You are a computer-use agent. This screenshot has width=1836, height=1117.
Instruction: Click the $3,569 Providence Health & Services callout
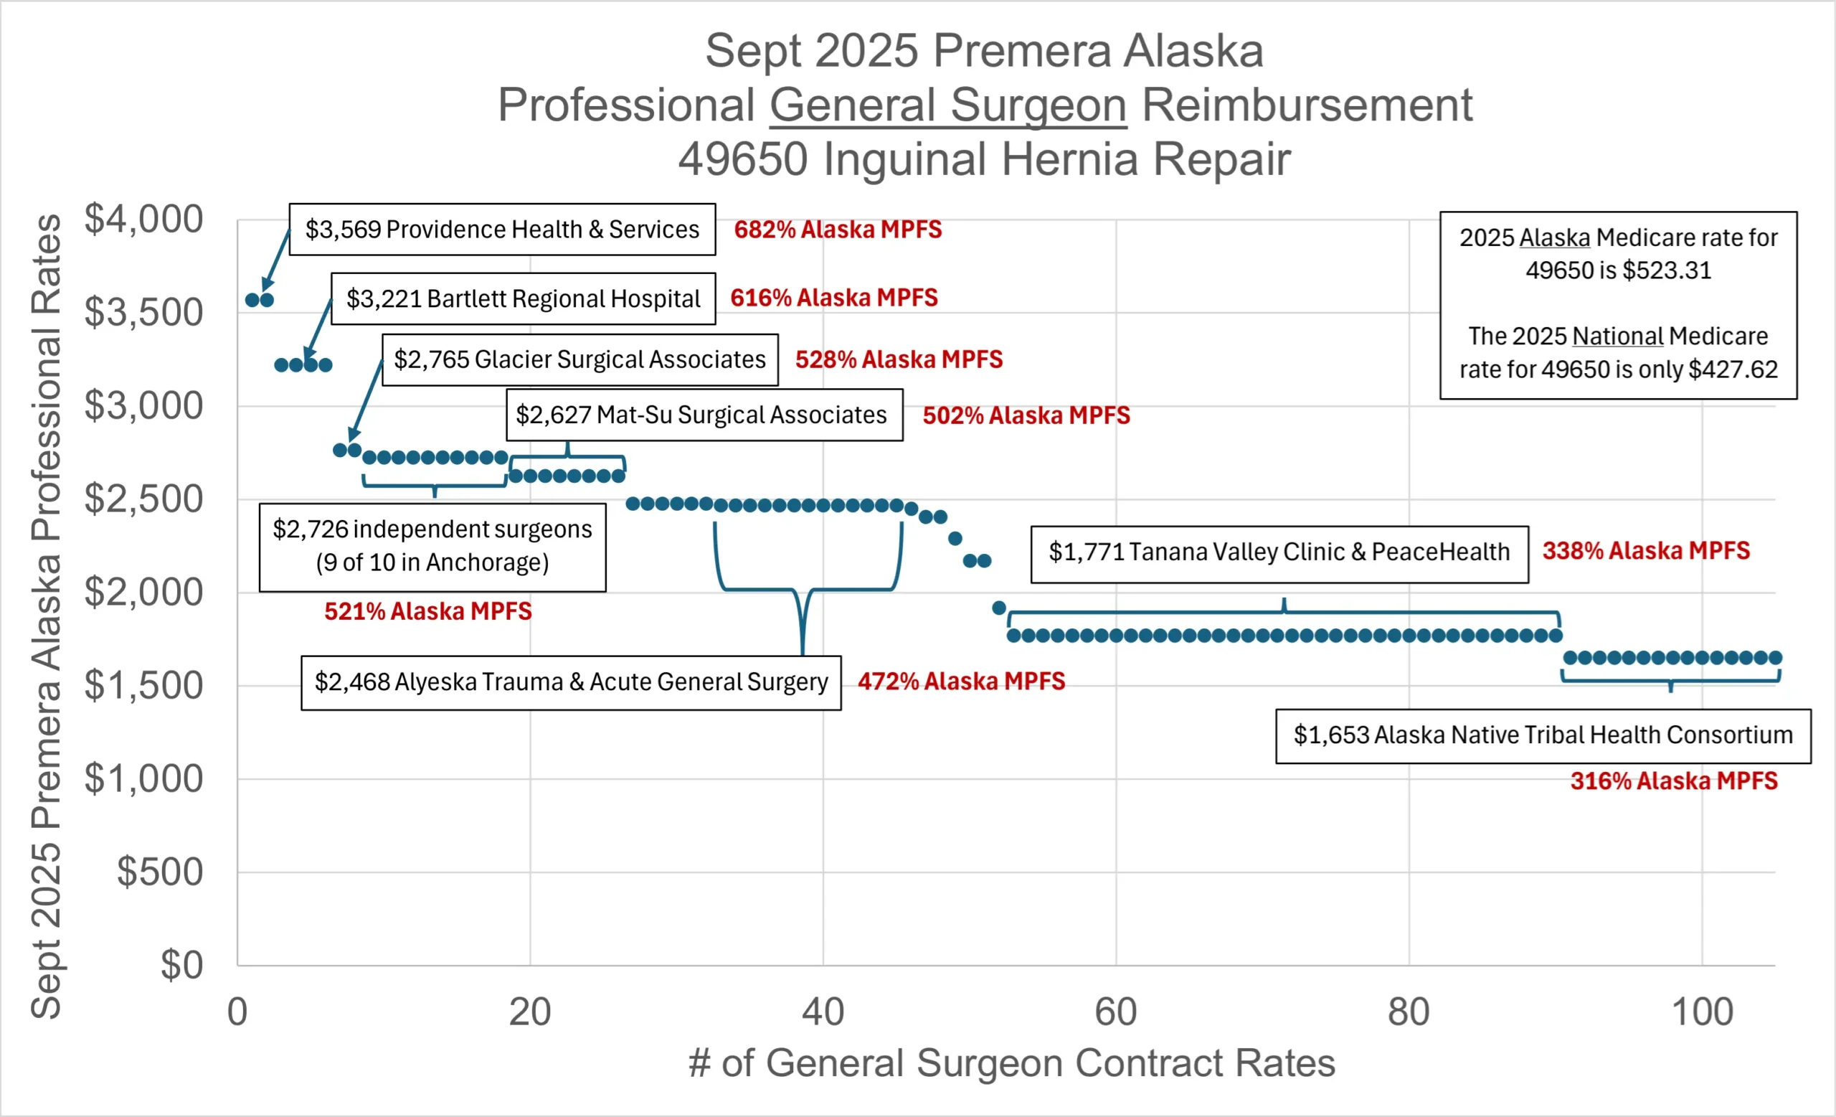pyautogui.click(x=501, y=230)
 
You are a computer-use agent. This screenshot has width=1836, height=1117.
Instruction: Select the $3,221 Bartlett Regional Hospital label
pyautogui.click(x=523, y=299)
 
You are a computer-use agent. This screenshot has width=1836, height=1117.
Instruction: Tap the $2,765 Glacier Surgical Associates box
pyautogui.click(x=579, y=360)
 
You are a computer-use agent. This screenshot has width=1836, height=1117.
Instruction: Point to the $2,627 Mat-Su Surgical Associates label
pyautogui.click(x=704, y=415)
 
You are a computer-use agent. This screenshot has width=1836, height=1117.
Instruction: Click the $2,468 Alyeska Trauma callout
pyautogui.click(x=571, y=682)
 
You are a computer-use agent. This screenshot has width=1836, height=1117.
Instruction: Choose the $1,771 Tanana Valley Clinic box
pyautogui.click(x=1279, y=552)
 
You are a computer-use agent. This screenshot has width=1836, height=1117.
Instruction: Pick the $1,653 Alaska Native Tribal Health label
pyautogui.click(x=1543, y=735)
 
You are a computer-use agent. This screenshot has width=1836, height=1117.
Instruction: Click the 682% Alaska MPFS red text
pyautogui.click(x=838, y=230)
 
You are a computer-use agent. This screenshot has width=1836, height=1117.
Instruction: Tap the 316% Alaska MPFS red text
pyautogui.click(x=1674, y=781)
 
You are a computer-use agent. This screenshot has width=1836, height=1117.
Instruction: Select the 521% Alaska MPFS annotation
pyautogui.click(x=427, y=612)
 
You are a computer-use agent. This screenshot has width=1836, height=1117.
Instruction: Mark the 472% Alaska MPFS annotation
pyautogui.click(x=961, y=681)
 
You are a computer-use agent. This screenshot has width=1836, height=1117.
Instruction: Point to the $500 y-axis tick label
pyautogui.click(x=159, y=872)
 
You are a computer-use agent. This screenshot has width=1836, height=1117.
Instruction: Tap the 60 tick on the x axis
pyautogui.click(x=1115, y=1012)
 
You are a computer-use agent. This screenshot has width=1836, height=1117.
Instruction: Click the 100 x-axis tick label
pyautogui.click(x=1702, y=1012)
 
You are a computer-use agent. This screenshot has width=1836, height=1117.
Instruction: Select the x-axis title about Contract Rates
pyautogui.click(x=1011, y=1062)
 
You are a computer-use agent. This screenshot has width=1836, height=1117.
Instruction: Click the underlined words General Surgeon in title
pyautogui.click(x=948, y=105)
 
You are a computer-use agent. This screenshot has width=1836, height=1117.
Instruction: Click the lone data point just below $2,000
pyautogui.click(x=999, y=608)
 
